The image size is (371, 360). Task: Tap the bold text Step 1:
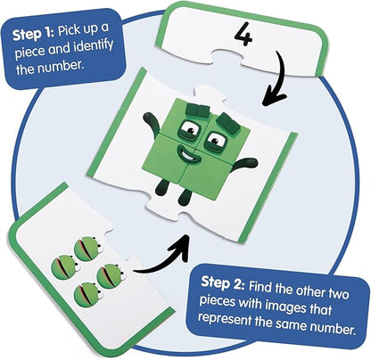tap(33, 35)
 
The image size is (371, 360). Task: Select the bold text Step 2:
tap(223, 282)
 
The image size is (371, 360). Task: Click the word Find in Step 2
tap(260, 286)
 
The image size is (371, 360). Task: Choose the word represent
tap(225, 319)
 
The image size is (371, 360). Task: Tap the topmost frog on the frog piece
tap(87, 249)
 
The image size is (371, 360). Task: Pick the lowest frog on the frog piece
tap(88, 295)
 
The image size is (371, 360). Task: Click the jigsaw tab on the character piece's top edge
tap(209, 91)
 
